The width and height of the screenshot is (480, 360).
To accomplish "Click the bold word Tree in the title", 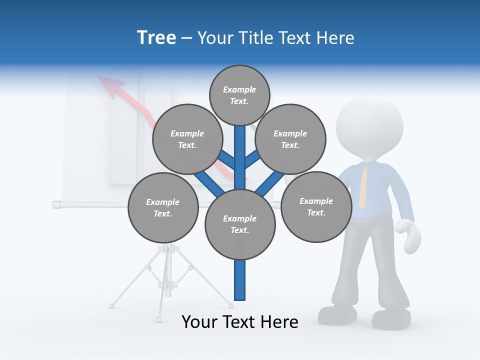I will pyautogui.click(x=156, y=37).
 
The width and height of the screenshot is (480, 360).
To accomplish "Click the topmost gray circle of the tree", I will pyautogui.click(x=239, y=95).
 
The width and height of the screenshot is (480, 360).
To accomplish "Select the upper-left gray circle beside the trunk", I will pyautogui.click(x=187, y=139).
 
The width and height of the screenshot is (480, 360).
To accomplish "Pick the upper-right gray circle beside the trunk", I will pyautogui.click(x=290, y=139).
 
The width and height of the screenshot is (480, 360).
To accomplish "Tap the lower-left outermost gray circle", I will pyautogui.click(x=163, y=207).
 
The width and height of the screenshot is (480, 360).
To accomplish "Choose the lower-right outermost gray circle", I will pyautogui.click(x=316, y=206).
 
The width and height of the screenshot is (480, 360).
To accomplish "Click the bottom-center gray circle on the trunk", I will pyautogui.click(x=240, y=224).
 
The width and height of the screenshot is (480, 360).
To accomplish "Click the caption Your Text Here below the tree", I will pyautogui.click(x=240, y=322).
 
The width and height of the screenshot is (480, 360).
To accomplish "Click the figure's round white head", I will pyautogui.click(x=369, y=122).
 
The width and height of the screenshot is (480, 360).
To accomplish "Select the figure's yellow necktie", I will pyautogui.click(x=363, y=187).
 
